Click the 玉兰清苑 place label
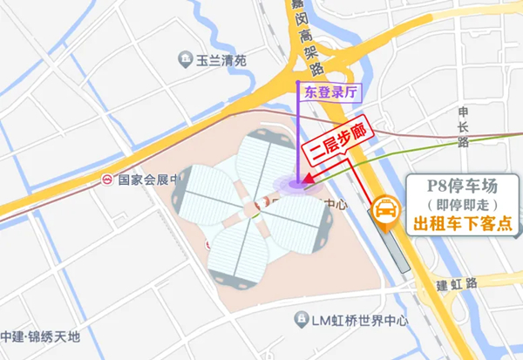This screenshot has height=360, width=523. click(x=222, y=61)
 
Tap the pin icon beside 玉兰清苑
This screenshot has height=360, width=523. click(x=185, y=60)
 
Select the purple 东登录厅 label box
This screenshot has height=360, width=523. click(x=328, y=90)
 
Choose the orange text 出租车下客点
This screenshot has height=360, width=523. click(x=461, y=224)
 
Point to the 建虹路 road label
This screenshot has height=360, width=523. click(x=457, y=284)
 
